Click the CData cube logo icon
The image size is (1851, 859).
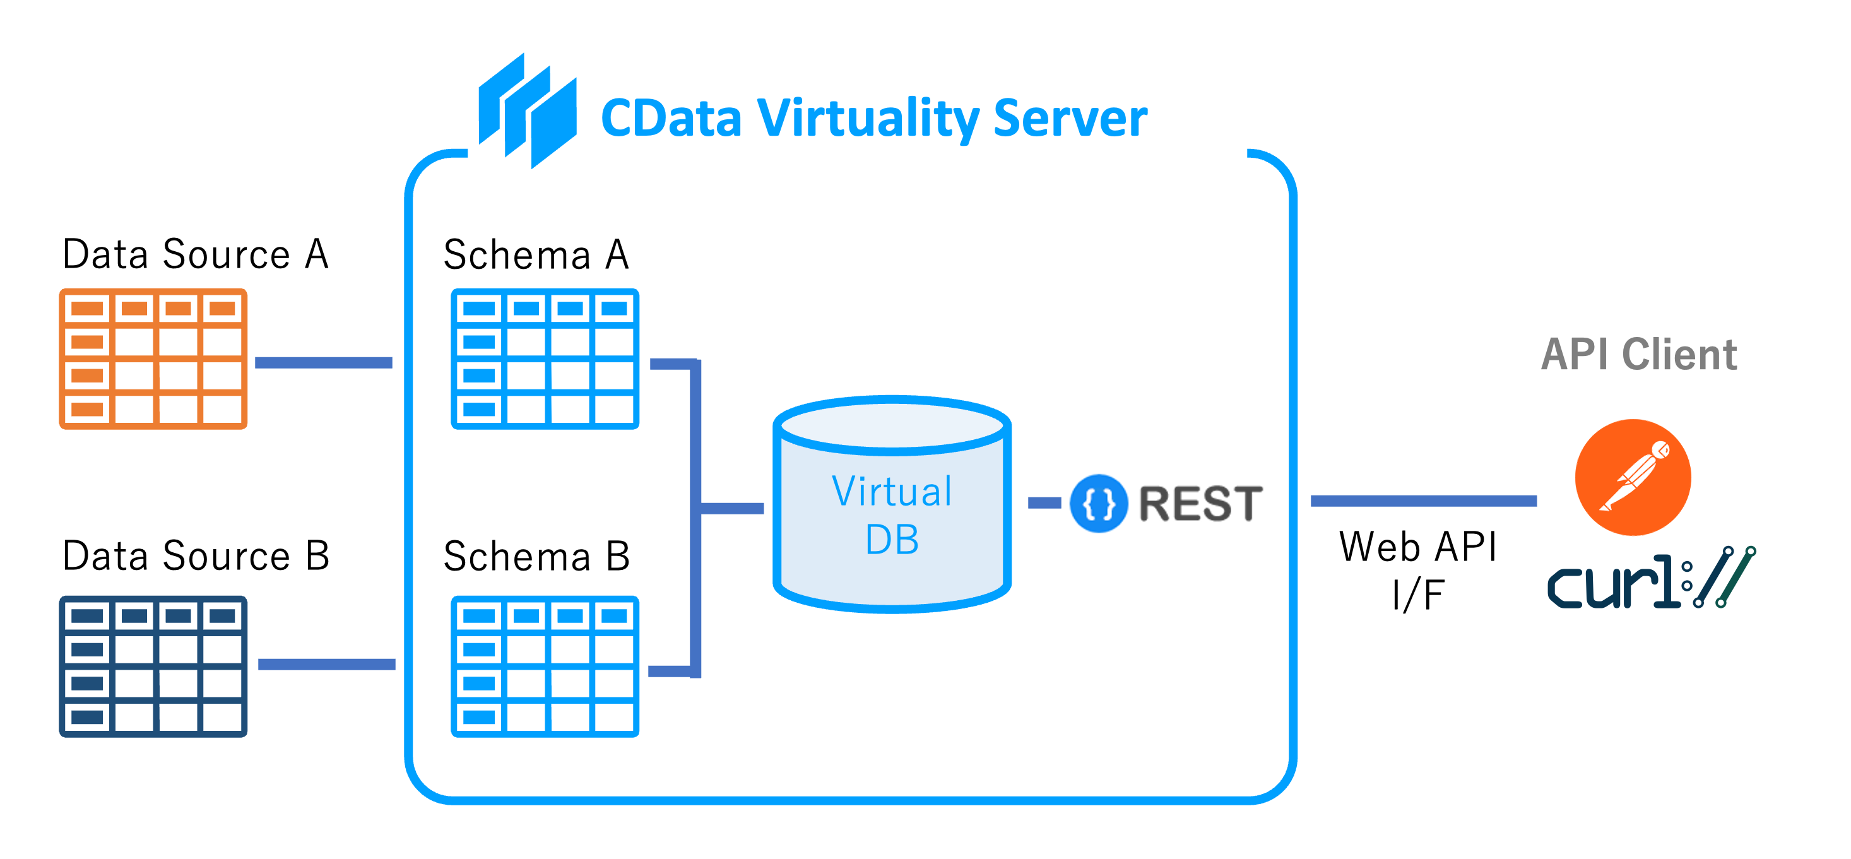(528, 112)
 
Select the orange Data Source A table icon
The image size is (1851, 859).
(153, 358)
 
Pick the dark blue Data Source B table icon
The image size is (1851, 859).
(153, 666)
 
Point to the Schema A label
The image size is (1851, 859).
(536, 254)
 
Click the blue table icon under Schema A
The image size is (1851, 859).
(545, 358)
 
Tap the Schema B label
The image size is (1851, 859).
(536, 557)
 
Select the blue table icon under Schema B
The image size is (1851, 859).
(545, 666)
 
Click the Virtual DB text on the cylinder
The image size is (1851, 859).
(892, 514)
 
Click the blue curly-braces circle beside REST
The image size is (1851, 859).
(1099, 503)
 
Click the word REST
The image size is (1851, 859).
(1201, 503)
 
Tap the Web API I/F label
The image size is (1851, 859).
(1417, 569)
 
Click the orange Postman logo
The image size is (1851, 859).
(1633, 477)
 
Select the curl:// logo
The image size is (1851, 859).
(1651, 579)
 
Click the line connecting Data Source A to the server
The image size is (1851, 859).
(323, 362)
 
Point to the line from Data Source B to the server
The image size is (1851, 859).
(326, 664)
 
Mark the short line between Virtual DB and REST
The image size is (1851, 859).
(1044, 502)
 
